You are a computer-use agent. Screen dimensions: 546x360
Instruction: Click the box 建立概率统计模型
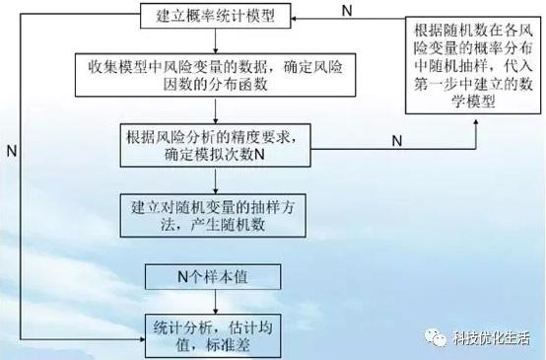coord(216,17)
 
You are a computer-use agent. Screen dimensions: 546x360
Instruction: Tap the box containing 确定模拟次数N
coord(215,146)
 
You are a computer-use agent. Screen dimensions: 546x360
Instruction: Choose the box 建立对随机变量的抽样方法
coord(215,214)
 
